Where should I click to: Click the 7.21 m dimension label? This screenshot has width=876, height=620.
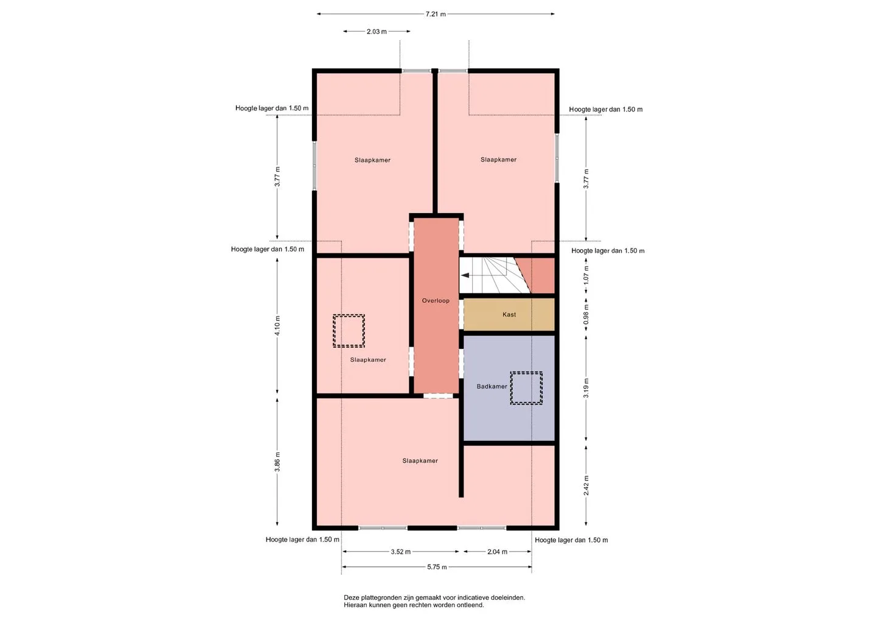[436, 14]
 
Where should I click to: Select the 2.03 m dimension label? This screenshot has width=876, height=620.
[377, 32]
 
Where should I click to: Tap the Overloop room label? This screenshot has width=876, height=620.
[436, 301]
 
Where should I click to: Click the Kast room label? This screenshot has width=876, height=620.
[509, 314]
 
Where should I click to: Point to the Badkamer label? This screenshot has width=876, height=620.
[492, 386]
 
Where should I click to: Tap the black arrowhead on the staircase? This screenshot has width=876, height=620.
[465, 275]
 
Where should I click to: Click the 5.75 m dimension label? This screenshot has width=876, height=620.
[437, 567]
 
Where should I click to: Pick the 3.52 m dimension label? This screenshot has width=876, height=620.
[400, 552]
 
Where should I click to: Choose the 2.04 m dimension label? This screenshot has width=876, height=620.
[497, 552]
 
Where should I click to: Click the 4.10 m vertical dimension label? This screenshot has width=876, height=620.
[277, 325]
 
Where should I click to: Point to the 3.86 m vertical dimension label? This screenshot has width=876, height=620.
[277, 462]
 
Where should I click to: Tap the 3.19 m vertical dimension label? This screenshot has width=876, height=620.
[586, 388]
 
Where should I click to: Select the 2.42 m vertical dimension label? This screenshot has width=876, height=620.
[586, 485]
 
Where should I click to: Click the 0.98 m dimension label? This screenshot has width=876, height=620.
[586, 314]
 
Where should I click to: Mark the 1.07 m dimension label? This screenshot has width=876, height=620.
[586, 275]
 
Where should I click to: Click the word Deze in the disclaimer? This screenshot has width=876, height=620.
[351, 597]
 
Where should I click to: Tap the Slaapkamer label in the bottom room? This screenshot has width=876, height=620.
[420, 460]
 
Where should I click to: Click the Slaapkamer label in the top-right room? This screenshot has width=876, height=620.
[498, 160]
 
